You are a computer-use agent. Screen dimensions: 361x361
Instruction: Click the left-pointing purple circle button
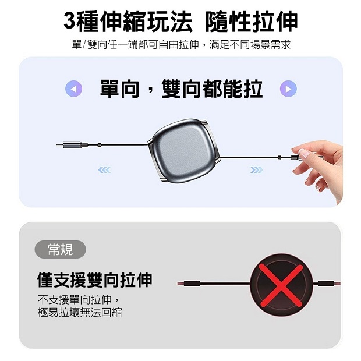74,89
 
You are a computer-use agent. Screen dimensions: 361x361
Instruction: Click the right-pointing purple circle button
288,89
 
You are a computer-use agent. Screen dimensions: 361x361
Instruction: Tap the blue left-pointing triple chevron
104,170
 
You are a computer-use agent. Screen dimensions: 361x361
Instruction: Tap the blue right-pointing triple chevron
256,170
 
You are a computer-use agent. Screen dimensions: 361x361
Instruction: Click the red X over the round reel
281,285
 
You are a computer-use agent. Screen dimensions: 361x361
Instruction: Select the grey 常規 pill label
60,249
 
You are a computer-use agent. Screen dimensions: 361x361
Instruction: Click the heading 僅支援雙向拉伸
94,279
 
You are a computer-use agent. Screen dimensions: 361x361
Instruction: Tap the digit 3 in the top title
70,21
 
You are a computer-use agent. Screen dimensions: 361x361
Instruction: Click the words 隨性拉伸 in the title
252,21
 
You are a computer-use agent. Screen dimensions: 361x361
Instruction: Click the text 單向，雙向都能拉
182,89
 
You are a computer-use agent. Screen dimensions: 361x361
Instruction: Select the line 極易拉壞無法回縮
80,312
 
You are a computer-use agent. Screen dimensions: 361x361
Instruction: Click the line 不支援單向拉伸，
78,299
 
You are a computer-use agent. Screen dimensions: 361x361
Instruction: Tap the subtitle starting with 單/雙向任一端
181,44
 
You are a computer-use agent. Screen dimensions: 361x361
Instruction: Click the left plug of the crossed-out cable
189,284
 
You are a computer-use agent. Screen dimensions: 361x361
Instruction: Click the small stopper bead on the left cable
99,145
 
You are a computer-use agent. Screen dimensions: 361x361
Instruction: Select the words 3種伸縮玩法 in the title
128,21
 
